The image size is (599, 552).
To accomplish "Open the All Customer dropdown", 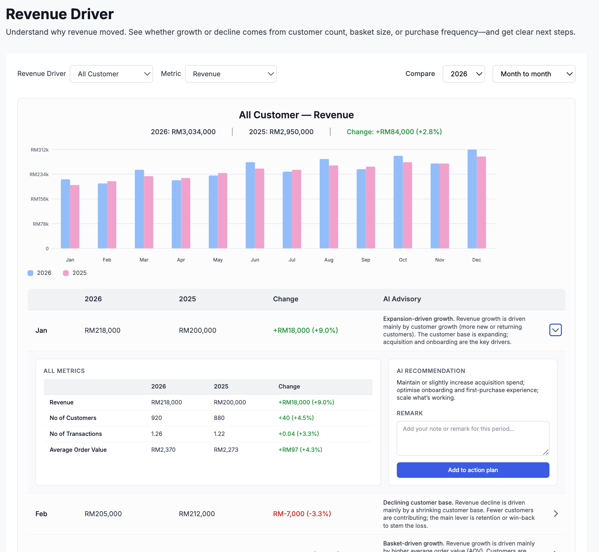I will (111, 74).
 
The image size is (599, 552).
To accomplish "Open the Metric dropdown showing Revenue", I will (231, 74).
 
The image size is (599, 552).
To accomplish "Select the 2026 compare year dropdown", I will (463, 74).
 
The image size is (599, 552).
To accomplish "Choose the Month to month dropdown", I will (534, 74).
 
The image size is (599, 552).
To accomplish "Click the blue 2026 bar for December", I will (472, 199).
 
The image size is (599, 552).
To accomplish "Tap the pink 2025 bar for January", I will (75, 217).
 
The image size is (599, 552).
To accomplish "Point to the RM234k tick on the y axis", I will (39, 174).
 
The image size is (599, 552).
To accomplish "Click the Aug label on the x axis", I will (329, 260).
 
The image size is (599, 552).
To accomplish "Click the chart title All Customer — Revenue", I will (296, 115).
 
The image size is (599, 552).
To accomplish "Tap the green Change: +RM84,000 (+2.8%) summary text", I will (394, 132).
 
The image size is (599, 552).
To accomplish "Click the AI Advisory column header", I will (402, 299).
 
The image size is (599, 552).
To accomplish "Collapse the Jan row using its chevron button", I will (555, 330).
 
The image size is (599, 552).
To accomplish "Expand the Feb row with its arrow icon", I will (556, 514).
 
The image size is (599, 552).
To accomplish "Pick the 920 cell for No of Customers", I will (157, 418).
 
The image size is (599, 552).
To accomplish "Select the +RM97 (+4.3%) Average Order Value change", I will (300, 450).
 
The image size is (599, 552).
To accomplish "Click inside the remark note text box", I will (472, 438).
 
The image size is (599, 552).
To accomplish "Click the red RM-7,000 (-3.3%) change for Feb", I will (302, 514).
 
